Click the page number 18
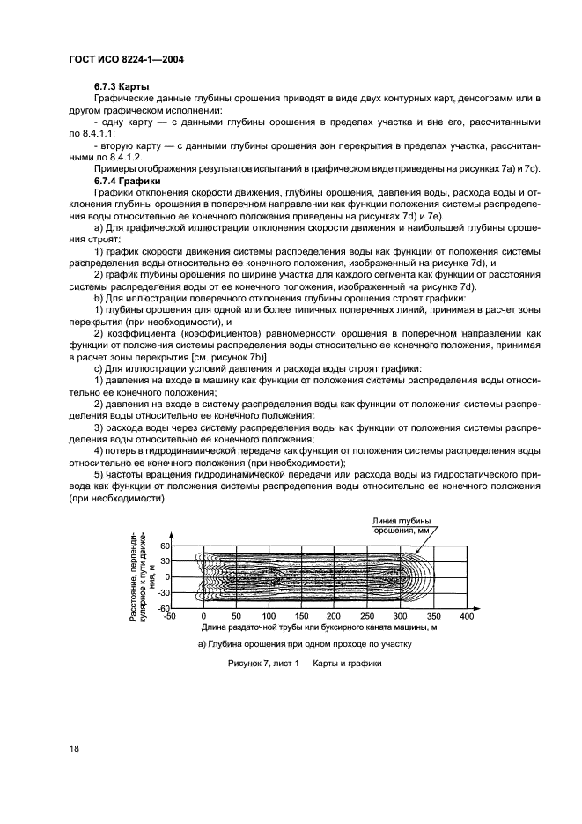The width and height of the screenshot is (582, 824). (x=75, y=748)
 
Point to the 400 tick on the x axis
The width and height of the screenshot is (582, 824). (x=467, y=617)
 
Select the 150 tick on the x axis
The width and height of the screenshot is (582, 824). (x=302, y=617)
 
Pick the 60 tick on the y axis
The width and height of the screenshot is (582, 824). (x=164, y=546)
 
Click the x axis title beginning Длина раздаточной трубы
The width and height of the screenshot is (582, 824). (x=319, y=628)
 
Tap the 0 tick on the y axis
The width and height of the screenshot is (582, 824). (x=166, y=577)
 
